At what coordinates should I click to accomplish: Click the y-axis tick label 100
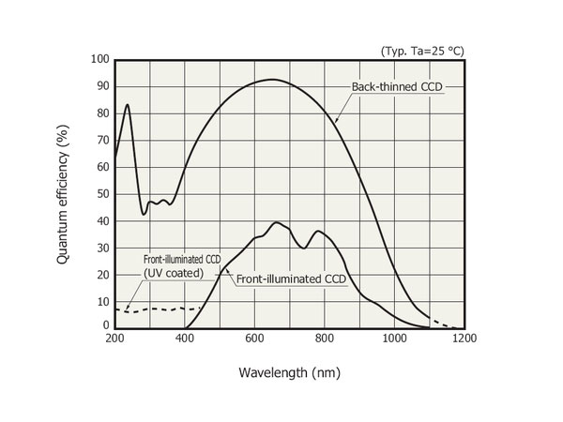point(99,60)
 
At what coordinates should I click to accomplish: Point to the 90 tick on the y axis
point(101,86)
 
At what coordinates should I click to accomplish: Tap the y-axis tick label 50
point(101,194)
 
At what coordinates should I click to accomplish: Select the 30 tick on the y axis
point(101,248)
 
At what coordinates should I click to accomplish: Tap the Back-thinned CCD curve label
point(396,87)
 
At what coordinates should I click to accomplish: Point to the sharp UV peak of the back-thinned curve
point(127,105)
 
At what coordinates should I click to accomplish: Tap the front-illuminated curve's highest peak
point(277,223)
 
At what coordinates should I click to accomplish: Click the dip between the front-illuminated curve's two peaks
point(303,248)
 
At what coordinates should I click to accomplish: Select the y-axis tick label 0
point(105,324)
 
